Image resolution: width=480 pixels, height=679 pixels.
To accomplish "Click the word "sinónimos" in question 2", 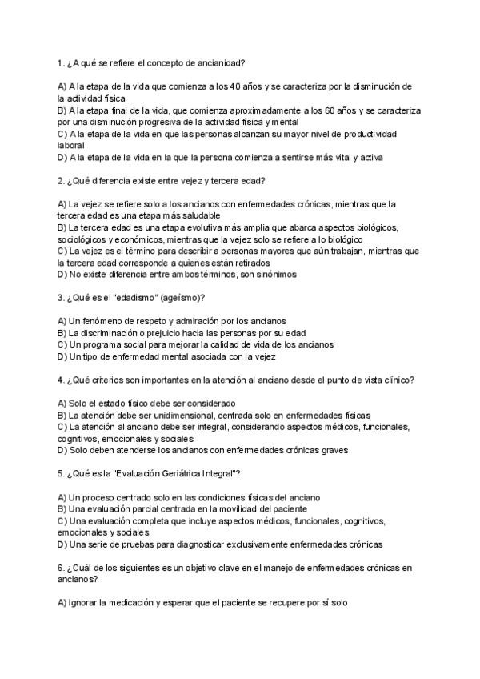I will pyautogui.click(x=275, y=275).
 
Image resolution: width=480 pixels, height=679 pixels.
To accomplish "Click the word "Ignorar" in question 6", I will pyautogui.click(x=83, y=603).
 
